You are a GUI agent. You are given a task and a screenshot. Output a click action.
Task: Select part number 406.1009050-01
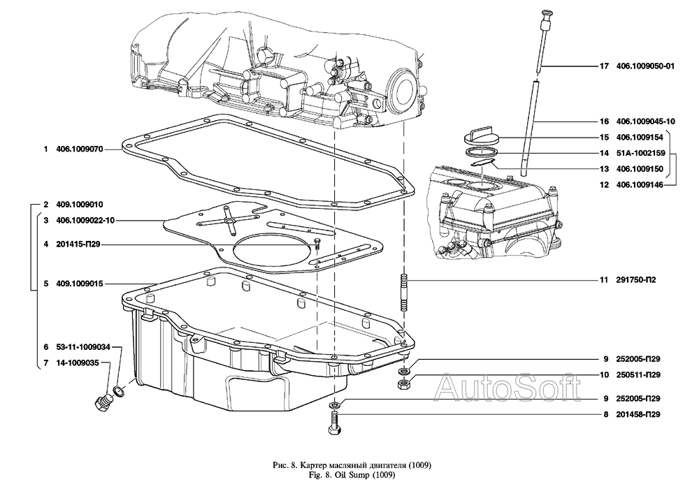click(x=645, y=67)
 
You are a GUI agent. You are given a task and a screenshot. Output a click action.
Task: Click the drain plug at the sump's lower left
click(x=102, y=401)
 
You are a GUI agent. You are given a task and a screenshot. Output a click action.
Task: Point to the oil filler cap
click(x=484, y=135)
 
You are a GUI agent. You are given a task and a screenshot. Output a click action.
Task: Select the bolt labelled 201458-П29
click(x=334, y=423)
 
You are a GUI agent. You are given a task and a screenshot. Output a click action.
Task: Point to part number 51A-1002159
click(x=640, y=152)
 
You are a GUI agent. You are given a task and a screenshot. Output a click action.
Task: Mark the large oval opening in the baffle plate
click(x=269, y=251)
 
